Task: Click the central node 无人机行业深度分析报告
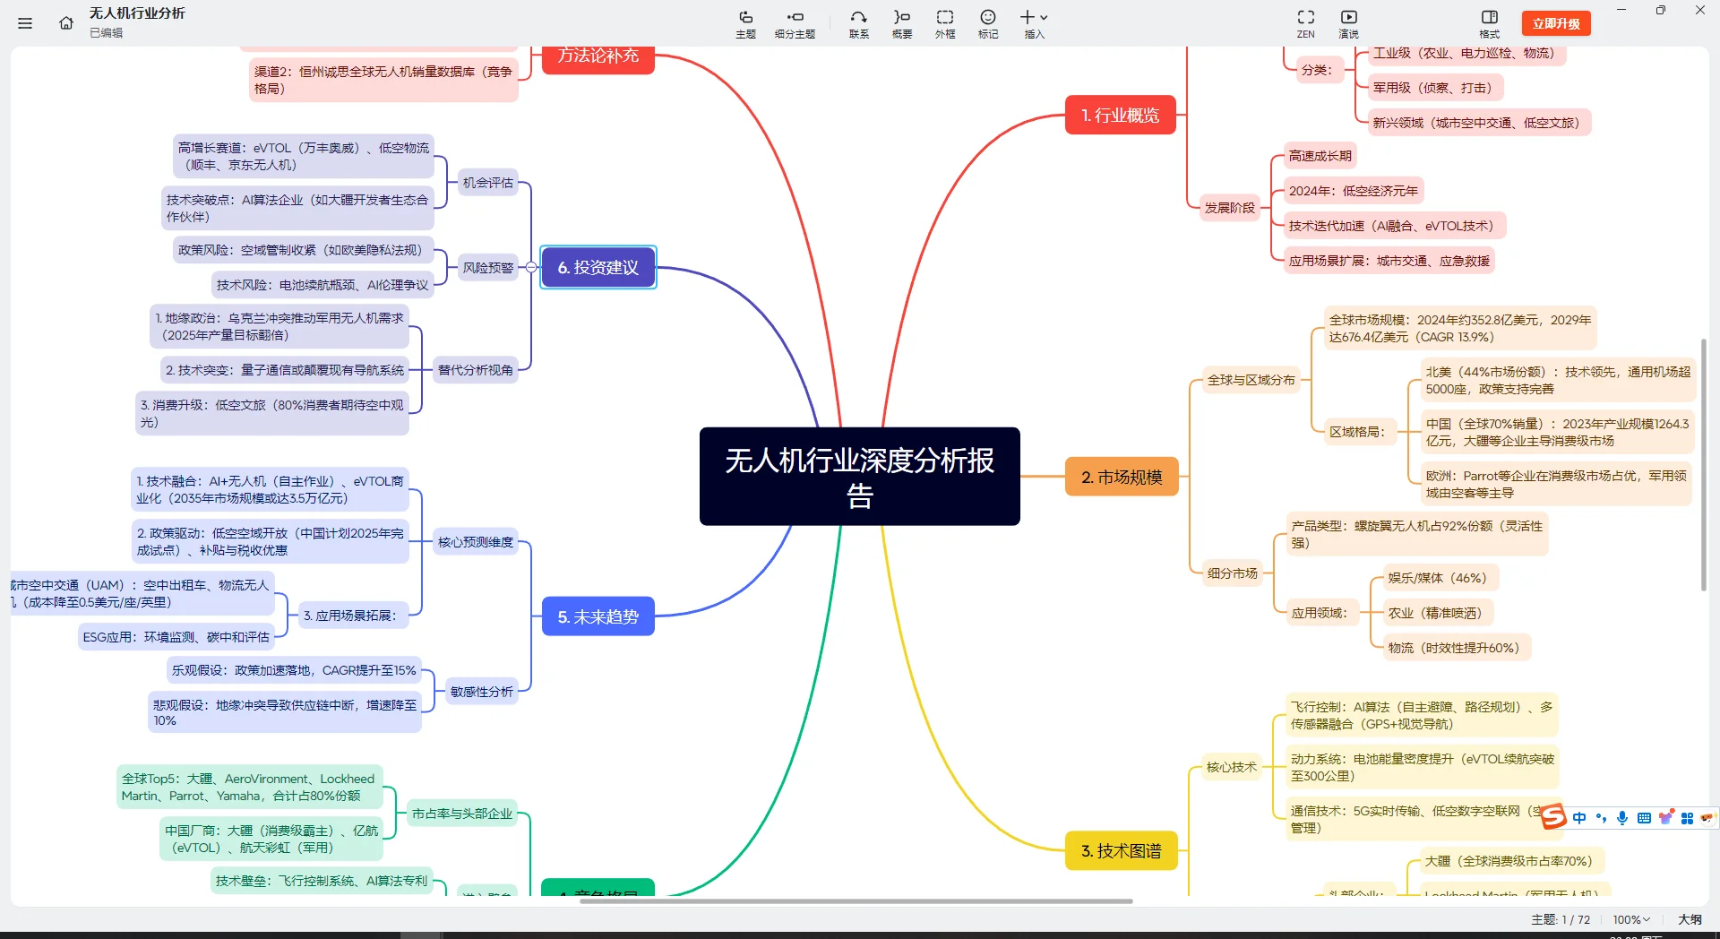click(859, 476)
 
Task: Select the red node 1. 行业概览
click(1120, 116)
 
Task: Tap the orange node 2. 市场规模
click(1122, 477)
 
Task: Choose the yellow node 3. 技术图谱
click(1121, 850)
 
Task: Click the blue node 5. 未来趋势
click(598, 616)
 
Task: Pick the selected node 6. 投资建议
click(598, 267)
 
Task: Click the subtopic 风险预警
click(487, 267)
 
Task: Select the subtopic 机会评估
click(487, 183)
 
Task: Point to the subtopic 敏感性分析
click(481, 691)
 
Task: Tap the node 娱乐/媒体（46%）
click(1436, 578)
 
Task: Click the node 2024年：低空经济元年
click(1353, 191)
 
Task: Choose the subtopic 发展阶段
click(1229, 208)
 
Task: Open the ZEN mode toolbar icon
click(1305, 22)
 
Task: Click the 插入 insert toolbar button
click(1034, 22)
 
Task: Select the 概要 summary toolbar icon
click(901, 22)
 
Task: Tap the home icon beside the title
click(66, 23)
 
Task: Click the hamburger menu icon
click(25, 23)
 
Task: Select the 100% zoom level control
click(1630, 919)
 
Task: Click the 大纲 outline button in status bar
click(1690, 919)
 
